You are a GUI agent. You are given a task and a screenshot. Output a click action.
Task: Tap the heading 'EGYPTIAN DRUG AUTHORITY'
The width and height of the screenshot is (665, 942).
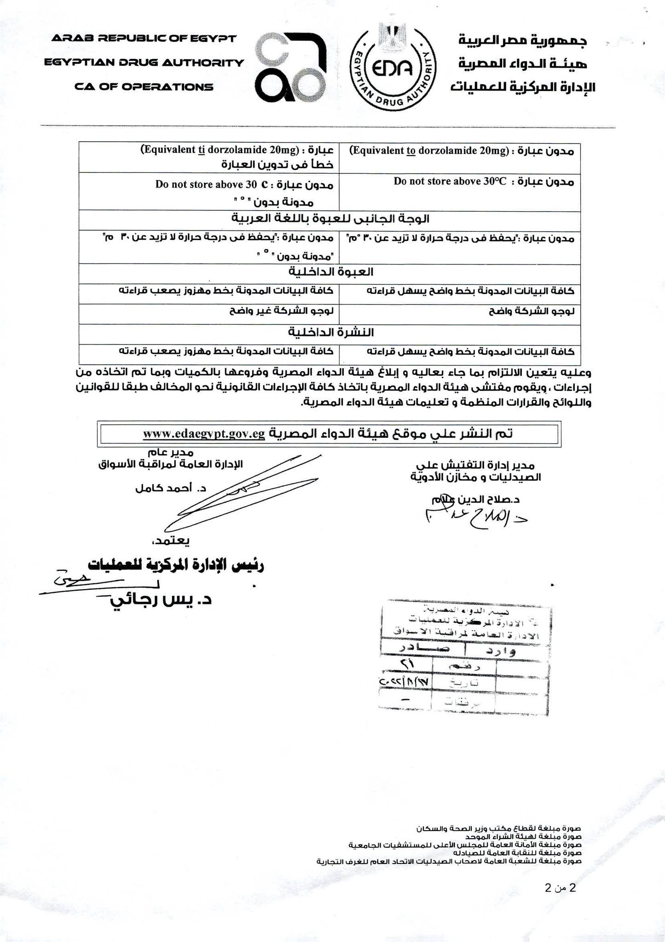tap(144, 63)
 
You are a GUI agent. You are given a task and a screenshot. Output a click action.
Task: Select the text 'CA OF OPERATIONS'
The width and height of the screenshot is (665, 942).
tap(144, 87)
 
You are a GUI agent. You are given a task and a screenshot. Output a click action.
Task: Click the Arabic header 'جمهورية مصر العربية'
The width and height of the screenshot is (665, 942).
tap(523, 40)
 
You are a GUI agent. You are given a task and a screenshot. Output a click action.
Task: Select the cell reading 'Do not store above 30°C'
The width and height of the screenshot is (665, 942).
tap(450, 181)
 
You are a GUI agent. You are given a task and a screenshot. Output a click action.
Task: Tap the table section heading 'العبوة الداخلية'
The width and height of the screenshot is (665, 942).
tap(330, 272)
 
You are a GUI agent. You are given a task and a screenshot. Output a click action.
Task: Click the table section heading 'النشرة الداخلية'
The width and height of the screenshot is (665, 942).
tap(330, 332)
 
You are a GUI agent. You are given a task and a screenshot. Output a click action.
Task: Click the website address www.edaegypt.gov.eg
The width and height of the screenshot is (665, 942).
tap(204, 434)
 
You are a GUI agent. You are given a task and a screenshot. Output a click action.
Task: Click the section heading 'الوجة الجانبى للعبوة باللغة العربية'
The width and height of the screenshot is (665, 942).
tap(330, 218)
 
